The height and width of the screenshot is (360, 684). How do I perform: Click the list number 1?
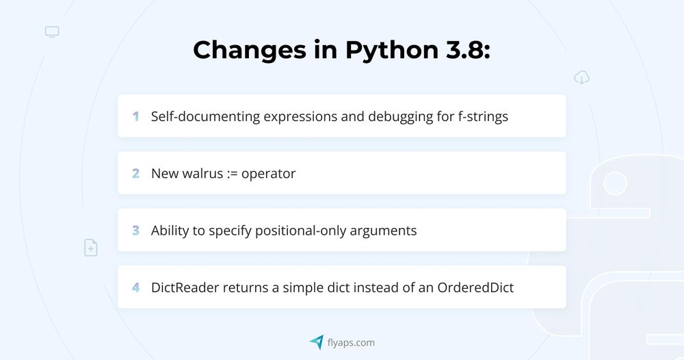[x=135, y=116]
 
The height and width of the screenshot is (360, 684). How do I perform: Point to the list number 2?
[x=135, y=174]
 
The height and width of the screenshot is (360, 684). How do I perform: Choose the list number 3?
[x=135, y=231]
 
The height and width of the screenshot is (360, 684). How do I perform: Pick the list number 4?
[x=135, y=287]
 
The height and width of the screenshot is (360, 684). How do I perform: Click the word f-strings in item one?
[x=483, y=117]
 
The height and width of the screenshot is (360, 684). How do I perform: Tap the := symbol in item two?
[x=232, y=174]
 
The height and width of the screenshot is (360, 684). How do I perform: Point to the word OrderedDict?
[x=475, y=287]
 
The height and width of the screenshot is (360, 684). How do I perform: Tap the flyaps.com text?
[x=351, y=343]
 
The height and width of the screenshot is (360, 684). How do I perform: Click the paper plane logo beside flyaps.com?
[x=317, y=342]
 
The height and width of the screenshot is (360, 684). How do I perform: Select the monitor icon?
[x=52, y=32]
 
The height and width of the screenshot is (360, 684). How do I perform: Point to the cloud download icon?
[x=581, y=77]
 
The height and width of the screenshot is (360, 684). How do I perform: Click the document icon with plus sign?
[x=91, y=248]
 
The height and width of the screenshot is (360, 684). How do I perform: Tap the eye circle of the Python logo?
[x=615, y=183]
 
